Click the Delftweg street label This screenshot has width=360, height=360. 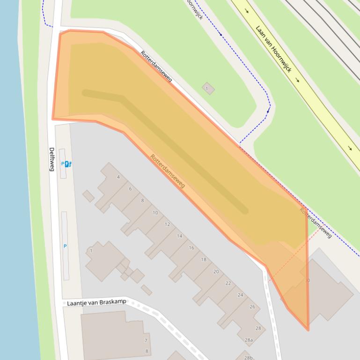[52, 159]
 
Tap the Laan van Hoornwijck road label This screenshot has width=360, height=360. [274, 49]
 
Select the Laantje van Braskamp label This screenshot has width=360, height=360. [96, 302]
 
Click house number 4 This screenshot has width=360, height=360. [118, 177]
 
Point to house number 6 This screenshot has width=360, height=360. [130, 189]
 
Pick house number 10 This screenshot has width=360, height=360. [155, 213]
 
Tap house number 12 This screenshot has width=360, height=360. [167, 224]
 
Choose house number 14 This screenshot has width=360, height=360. [179, 236]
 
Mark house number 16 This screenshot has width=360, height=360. [191, 248]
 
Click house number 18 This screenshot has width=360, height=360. [203, 259]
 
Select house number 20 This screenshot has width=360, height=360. [216, 272]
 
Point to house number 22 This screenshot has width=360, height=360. [228, 283]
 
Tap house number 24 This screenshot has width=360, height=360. [240, 295]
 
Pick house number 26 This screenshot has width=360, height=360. [252, 307]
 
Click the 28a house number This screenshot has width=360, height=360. [249, 340]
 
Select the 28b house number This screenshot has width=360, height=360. [249, 358]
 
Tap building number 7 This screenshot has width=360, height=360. [146, 341]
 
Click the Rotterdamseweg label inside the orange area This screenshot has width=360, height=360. [167, 171]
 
